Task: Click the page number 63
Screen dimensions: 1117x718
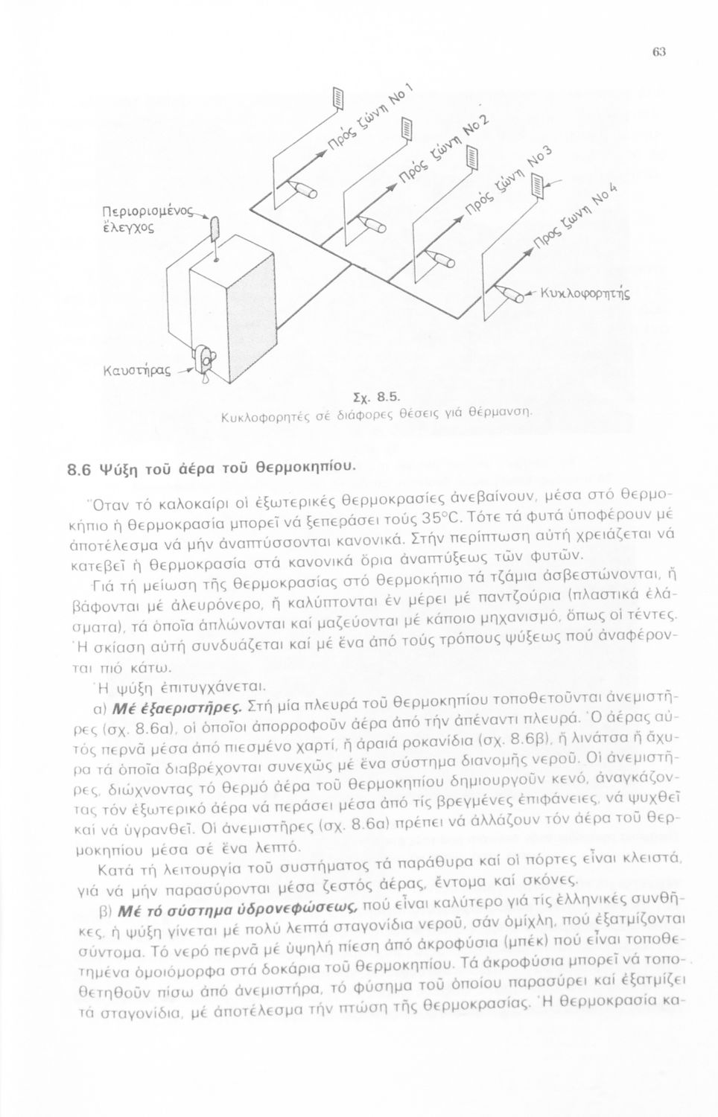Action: [658, 51]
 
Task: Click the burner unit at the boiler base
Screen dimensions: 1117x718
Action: [203, 362]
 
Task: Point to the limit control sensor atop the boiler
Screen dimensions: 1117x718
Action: [215, 229]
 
